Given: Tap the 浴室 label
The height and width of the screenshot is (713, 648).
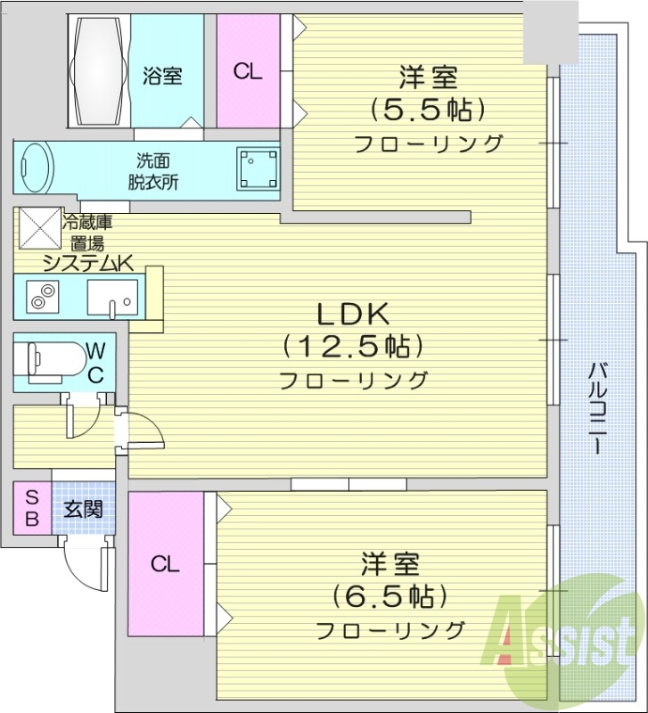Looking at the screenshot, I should [x=162, y=77].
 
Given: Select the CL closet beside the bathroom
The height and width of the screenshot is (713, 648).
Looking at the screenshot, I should [x=248, y=71].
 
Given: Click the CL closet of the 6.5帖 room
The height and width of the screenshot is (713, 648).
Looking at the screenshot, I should [x=165, y=563].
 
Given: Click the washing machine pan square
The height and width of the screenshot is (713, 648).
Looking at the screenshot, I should [x=257, y=167].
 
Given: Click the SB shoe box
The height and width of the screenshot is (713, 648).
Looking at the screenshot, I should [x=31, y=508].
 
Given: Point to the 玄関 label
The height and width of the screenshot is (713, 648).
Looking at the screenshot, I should [x=83, y=509].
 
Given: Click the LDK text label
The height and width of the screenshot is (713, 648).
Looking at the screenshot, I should [x=352, y=314].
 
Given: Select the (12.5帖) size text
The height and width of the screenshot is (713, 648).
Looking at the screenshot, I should [x=352, y=345].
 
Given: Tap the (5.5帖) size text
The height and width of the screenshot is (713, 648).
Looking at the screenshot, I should [x=428, y=110].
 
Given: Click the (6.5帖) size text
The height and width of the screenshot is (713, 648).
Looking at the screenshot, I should [x=390, y=594].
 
